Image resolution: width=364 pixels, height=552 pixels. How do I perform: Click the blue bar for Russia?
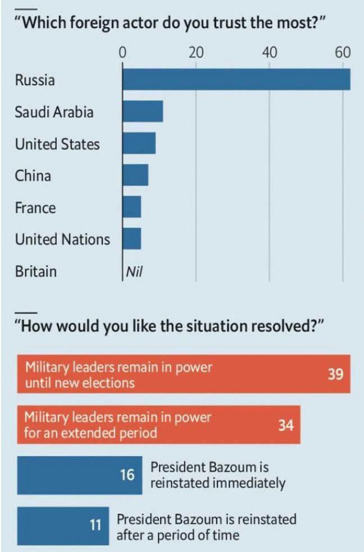click(x=236, y=79)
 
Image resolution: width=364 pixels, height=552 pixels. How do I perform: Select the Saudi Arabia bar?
click(x=143, y=111)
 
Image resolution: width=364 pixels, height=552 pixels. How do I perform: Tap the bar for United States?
click(x=139, y=143)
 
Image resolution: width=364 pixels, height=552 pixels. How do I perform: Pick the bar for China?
click(x=135, y=175)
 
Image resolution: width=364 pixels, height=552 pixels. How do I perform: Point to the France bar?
click(x=132, y=207)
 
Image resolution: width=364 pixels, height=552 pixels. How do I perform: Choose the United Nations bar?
click(x=132, y=238)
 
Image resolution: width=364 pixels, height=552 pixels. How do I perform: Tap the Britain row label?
click(x=35, y=272)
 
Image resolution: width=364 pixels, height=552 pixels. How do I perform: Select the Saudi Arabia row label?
click(x=54, y=112)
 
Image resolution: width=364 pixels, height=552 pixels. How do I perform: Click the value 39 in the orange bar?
click(x=335, y=374)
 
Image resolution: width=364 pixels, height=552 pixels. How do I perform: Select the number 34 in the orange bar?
click(x=286, y=425)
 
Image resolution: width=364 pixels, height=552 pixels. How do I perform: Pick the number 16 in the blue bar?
click(x=128, y=475)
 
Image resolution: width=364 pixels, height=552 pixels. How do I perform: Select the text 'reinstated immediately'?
click(x=218, y=483)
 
